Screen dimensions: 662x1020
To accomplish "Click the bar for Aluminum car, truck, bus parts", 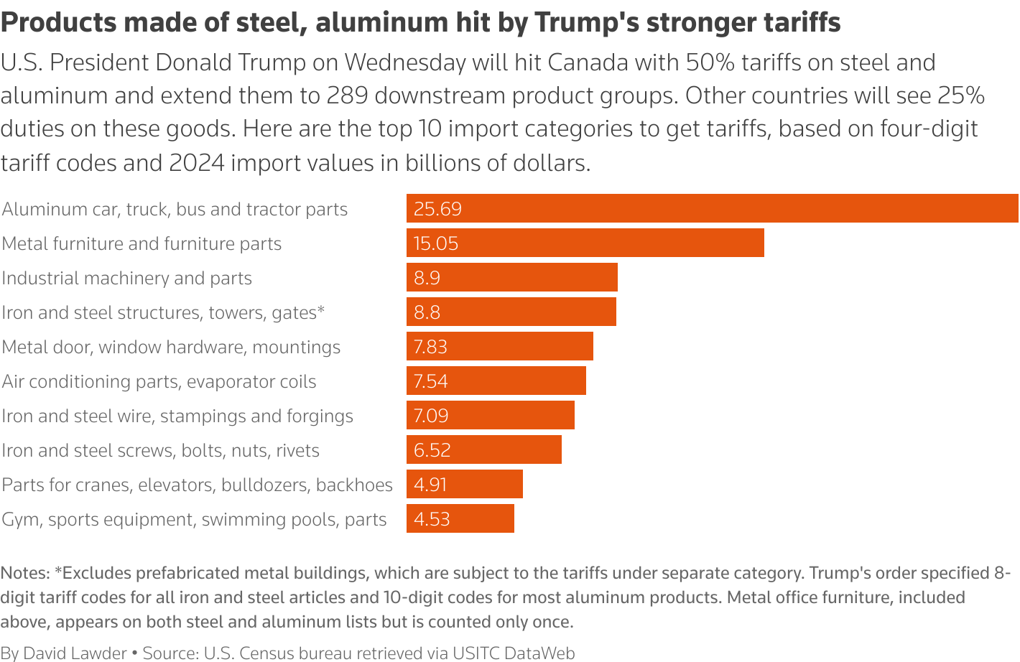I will [711, 208].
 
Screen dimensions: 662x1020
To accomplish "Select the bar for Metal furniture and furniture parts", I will [585, 243].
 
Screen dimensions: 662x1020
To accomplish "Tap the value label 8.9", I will [427, 278].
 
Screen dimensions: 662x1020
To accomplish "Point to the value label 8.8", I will [427, 312].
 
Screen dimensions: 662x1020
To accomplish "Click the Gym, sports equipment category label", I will [194, 519].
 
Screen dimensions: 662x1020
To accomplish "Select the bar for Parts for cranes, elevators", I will [464, 484].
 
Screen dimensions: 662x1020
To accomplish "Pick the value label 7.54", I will [430, 381].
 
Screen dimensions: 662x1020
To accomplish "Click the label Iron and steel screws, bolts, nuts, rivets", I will [160, 450].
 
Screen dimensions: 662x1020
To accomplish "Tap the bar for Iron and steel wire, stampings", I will [490, 415].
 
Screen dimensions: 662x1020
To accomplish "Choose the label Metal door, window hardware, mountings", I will [171, 347].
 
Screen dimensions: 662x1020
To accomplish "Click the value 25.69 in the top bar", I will [437, 209].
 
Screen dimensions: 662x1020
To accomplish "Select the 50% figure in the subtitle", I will [710, 62].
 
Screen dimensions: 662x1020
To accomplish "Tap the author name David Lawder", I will [75, 653].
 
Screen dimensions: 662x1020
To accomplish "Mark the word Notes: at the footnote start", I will [25, 573].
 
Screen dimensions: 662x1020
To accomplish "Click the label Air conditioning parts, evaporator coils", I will [159, 381].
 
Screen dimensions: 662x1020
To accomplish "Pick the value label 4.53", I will [431, 519].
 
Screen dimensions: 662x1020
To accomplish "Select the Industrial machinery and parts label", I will [127, 278].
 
